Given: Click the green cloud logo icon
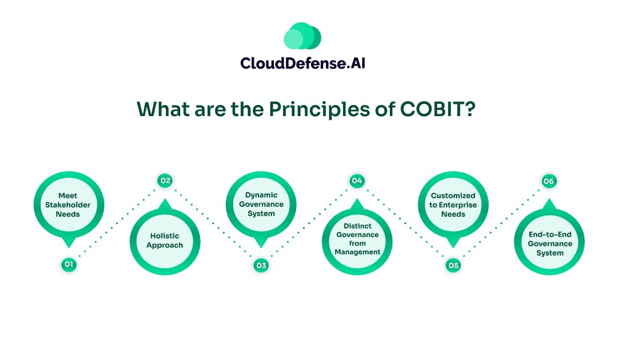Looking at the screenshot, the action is click(x=302, y=36).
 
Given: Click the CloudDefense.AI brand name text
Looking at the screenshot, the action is click(x=302, y=63).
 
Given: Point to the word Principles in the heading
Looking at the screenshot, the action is click(x=319, y=110).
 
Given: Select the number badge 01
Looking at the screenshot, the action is click(x=69, y=264).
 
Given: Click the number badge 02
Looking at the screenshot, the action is click(x=165, y=181).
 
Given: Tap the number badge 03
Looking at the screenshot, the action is click(x=261, y=265).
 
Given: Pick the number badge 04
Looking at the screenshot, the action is click(x=357, y=181).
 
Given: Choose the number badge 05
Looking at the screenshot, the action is click(x=453, y=265).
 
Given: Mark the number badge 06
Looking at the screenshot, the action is click(x=549, y=181).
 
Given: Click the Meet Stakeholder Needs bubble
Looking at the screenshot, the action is click(x=68, y=207).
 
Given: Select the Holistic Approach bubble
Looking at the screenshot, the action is click(x=165, y=239).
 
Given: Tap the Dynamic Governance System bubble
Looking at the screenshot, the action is click(x=261, y=207).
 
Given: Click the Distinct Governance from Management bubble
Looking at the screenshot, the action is click(x=357, y=239).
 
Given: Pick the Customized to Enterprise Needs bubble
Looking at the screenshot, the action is click(x=453, y=207).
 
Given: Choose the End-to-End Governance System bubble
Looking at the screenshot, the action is click(x=549, y=239).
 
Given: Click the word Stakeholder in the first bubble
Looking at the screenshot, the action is click(x=68, y=205).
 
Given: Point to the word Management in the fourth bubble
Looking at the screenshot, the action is click(x=358, y=252).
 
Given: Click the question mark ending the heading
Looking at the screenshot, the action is click(x=470, y=109).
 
